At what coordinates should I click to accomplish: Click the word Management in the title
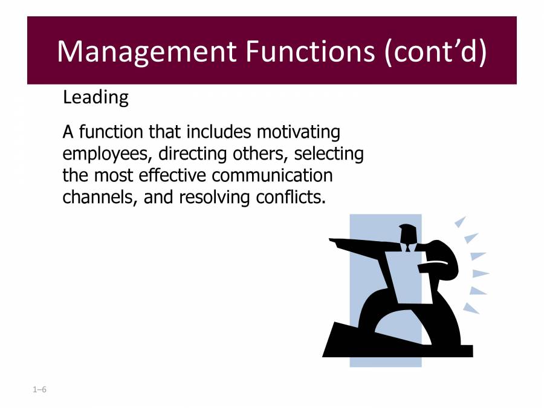coord(147,52)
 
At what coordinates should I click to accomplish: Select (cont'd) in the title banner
coord(436,52)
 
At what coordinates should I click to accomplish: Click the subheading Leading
coord(96,98)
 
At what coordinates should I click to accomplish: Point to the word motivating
coord(299,132)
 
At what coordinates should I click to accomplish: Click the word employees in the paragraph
coord(106,154)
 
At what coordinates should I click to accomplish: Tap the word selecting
coord(329,154)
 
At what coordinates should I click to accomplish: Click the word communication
coord(273,175)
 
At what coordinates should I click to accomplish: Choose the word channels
coord(100,198)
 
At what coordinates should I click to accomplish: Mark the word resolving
coord(214,198)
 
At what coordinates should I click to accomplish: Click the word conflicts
coord(291,197)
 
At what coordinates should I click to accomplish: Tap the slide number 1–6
coord(39,389)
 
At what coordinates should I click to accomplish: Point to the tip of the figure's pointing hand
coord(330,239)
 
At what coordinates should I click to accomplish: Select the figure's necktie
coord(407,247)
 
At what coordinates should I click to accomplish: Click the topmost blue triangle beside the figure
coord(461,221)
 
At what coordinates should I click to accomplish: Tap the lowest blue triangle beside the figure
coord(470,308)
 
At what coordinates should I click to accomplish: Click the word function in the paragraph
coord(111,132)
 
